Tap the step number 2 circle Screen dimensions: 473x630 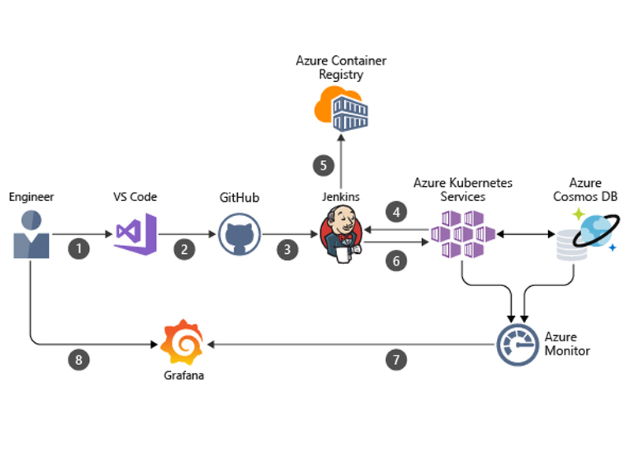click(x=184, y=250)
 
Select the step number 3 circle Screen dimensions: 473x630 click(x=287, y=250)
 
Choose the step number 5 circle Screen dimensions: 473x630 click(x=322, y=166)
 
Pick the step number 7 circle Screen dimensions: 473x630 click(x=395, y=360)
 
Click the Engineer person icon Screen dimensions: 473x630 click(x=31, y=234)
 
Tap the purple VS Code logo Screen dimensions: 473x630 click(x=135, y=233)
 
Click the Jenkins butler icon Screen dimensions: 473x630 click(x=341, y=235)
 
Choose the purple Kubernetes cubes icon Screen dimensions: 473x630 click(x=462, y=234)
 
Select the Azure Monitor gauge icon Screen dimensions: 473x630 click(x=517, y=344)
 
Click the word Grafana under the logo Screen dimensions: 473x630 click(x=183, y=376)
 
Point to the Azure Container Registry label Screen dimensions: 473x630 click(x=341, y=68)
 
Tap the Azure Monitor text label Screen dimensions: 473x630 click(x=567, y=343)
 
